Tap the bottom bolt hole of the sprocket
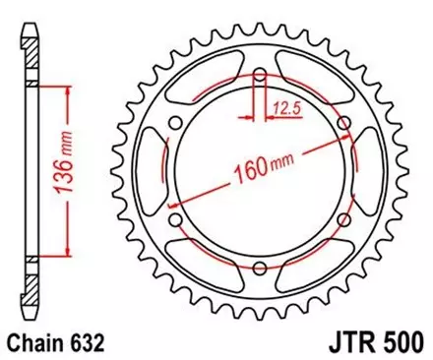[x=258, y=269]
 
